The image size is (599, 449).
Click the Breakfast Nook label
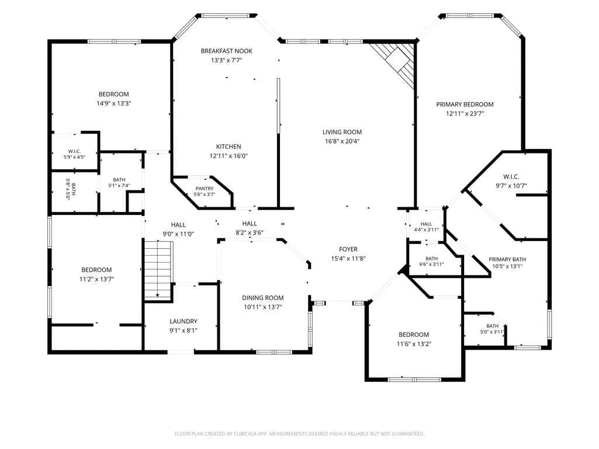[227, 51]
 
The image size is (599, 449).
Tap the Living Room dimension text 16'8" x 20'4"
[342, 141]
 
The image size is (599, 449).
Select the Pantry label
[205, 189]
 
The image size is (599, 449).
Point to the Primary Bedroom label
[465, 105]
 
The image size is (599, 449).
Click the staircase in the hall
[157, 270]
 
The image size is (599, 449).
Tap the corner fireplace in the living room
[393, 63]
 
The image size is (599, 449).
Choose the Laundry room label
[183, 322]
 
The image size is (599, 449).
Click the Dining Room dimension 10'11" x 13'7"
[263, 307]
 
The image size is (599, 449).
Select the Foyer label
[348, 249]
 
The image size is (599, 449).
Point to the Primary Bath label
[507, 259]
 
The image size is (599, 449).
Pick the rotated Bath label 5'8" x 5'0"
[71, 189]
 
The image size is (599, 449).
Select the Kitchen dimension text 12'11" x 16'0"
[228, 156]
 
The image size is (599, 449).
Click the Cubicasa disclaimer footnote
[299, 434]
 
